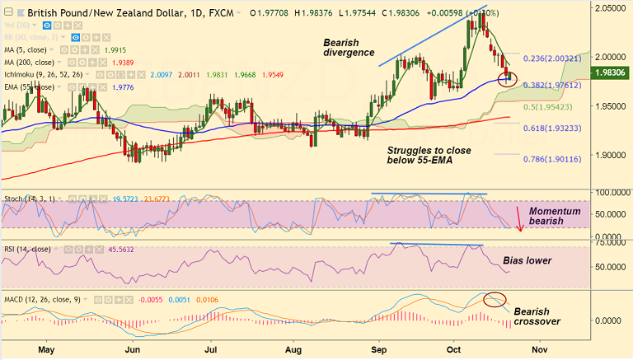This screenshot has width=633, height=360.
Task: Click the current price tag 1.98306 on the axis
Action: pyautogui.click(x=610, y=73)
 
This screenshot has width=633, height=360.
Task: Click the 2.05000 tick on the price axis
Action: pyautogui.click(x=610, y=7)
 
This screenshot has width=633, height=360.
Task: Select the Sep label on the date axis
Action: pyautogui.click(x=378, y=350)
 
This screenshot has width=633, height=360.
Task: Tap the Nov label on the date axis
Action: pyautogui.click(x=561, y=350)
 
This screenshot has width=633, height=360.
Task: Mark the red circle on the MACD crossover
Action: pyautogui.click(x=495, y=298)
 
